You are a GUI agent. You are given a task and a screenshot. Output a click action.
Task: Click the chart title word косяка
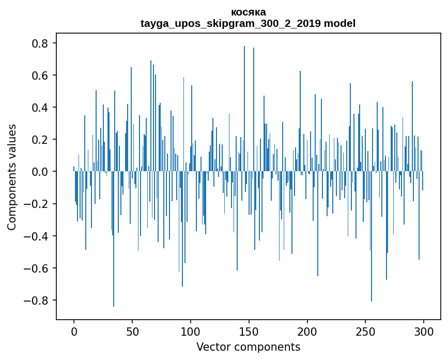248,12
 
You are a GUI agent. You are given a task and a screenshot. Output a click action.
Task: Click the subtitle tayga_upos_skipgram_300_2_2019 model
248,23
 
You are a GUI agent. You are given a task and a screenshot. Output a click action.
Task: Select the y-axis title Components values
12,177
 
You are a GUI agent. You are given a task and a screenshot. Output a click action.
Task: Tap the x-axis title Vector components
248,347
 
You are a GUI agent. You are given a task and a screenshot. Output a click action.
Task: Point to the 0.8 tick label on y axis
39,43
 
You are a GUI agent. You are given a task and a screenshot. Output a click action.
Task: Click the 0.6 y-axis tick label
39,76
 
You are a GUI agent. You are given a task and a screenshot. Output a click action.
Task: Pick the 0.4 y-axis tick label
39,108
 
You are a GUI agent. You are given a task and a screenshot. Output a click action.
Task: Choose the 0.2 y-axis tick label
39,140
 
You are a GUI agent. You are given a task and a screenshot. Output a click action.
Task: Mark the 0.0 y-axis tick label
39,172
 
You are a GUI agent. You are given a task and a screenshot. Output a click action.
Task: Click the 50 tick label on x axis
132,331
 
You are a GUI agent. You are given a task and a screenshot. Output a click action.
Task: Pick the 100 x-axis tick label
191,331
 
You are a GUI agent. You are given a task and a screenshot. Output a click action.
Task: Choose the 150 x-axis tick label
249,331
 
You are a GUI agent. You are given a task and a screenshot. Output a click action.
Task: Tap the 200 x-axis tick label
307,331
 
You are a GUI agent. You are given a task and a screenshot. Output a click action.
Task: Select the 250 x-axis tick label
366,331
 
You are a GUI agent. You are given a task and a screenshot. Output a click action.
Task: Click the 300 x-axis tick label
424,331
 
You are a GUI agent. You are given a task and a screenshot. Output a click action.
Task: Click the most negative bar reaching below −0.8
114,259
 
